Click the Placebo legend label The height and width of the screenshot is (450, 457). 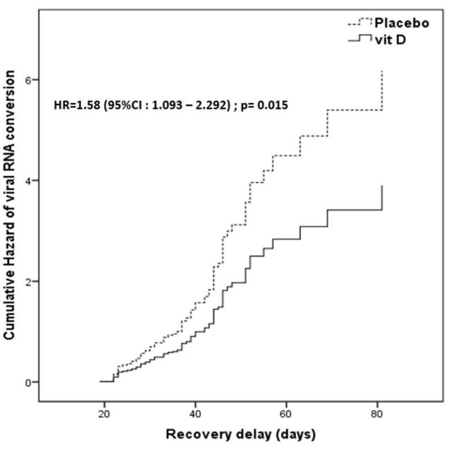point(404,22)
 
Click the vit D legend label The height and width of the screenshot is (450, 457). point(396,41)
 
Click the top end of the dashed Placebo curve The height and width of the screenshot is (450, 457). point(382,71)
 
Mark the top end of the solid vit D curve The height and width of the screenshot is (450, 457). point(382,186)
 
